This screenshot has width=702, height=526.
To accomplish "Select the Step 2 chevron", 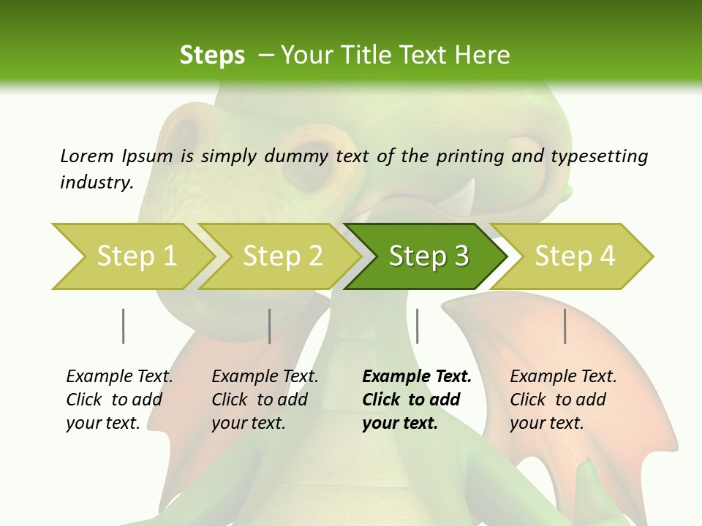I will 281,256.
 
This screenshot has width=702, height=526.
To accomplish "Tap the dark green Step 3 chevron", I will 427,256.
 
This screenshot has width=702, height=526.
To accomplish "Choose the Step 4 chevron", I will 573,256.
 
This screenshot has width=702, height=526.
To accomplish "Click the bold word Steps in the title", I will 212,56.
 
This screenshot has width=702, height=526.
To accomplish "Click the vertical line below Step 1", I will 124,326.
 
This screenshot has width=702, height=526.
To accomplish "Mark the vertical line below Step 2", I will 270,326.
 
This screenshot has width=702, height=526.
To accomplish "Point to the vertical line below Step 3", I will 417,326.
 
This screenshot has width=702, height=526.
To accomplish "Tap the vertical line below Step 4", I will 565,326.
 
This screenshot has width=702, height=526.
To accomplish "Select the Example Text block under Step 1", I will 119,400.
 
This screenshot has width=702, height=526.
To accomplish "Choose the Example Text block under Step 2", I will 265,400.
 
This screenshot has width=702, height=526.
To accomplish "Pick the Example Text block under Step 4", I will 563,400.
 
